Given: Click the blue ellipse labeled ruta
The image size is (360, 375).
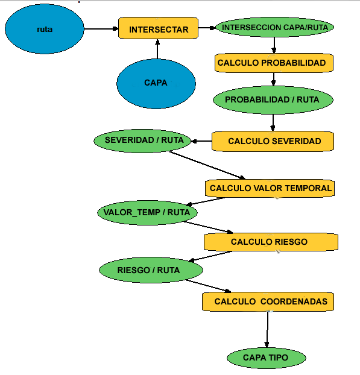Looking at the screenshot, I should point(44,29).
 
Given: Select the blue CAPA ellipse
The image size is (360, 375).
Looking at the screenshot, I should point(156,83).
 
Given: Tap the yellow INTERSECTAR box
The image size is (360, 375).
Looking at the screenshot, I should point(159,29).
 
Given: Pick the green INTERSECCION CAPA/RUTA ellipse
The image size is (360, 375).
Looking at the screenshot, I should point(274,28).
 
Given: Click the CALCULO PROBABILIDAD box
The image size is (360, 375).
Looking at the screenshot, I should point(273,63).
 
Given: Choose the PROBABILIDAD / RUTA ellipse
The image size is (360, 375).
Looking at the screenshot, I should point(272,99).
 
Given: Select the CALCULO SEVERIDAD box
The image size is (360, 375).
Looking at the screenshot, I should point(274,141).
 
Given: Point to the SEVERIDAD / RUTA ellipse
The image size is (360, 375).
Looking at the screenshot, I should point(143,140).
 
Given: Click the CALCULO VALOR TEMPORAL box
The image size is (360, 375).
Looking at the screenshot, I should point(270,188).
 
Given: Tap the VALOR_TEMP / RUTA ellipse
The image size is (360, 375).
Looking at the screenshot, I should point(147,212).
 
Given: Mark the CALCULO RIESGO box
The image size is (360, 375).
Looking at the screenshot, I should point(270,242).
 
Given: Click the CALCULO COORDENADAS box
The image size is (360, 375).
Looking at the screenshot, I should point(268,301).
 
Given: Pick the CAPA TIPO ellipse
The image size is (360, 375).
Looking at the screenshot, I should point(265,358).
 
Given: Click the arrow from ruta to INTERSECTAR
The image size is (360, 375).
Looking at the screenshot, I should point(101,28).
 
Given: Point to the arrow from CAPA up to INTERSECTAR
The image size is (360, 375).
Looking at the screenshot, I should point(157,49).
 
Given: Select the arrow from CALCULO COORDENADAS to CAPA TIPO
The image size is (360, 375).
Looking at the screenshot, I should point(267,329).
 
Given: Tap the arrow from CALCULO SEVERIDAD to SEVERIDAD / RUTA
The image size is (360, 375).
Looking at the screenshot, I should point(201,141).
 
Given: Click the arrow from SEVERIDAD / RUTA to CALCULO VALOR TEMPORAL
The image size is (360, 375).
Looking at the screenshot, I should point(207,164).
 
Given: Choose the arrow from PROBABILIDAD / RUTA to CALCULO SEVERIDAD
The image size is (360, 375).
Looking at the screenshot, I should point(273,121).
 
